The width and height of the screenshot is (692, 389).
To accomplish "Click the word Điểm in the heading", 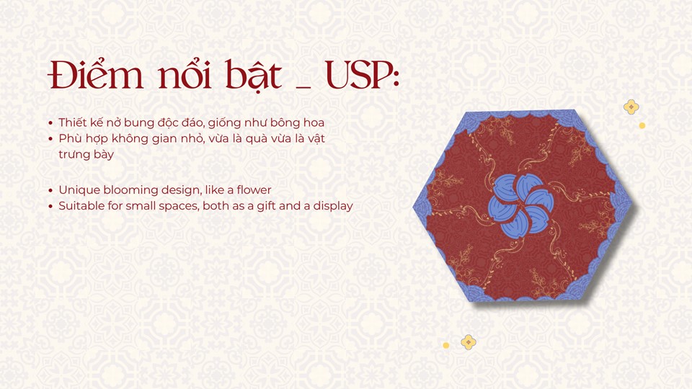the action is coord(96,73).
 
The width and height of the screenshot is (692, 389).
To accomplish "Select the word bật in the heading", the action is coord(253,75).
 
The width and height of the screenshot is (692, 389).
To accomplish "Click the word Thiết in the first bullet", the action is coord(72,122).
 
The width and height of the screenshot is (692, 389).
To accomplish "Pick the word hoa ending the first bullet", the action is coord(314,122).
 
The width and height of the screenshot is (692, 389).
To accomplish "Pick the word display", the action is coord(333,206).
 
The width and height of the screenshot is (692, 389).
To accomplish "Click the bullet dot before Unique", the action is coord(50,190).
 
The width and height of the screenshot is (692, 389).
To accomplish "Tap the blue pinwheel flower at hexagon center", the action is coord(520,204).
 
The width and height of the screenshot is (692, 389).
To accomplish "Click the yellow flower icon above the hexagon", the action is coord(631,107).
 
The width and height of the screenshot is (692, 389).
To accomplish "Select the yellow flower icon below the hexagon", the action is coord(469,341).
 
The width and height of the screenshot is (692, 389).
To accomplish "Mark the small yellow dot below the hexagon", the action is coord(445,345).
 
